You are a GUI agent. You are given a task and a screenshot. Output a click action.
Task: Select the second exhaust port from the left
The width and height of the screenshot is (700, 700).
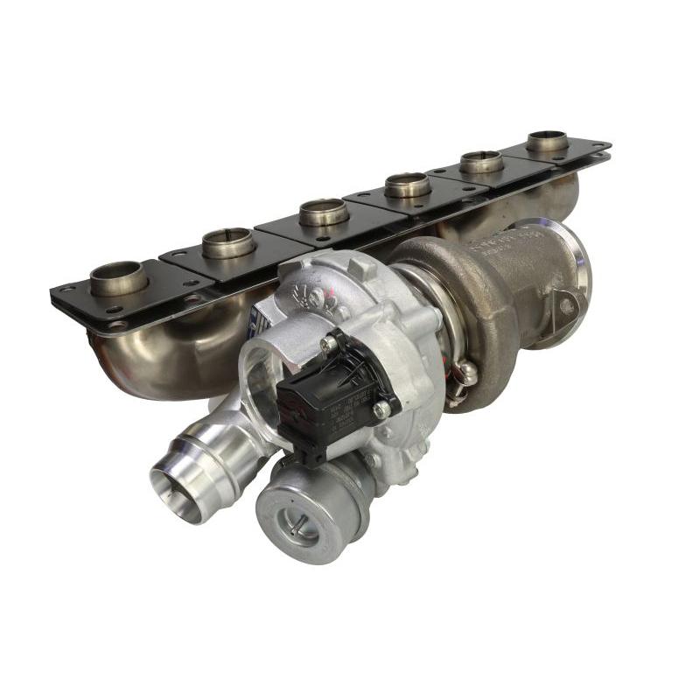228,241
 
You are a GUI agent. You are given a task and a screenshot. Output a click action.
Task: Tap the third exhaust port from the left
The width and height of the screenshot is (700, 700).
325,211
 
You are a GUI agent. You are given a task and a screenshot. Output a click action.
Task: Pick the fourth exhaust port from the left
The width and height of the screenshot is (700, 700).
408,184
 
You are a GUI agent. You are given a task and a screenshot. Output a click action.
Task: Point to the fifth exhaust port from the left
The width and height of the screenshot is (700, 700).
481,161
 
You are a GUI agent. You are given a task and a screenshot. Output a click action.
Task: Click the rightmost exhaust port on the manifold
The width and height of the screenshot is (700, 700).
547,140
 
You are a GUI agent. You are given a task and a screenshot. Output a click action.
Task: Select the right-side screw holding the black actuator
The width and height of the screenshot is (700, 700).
382,409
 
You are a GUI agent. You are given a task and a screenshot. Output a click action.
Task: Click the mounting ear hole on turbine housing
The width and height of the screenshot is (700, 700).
566,306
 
